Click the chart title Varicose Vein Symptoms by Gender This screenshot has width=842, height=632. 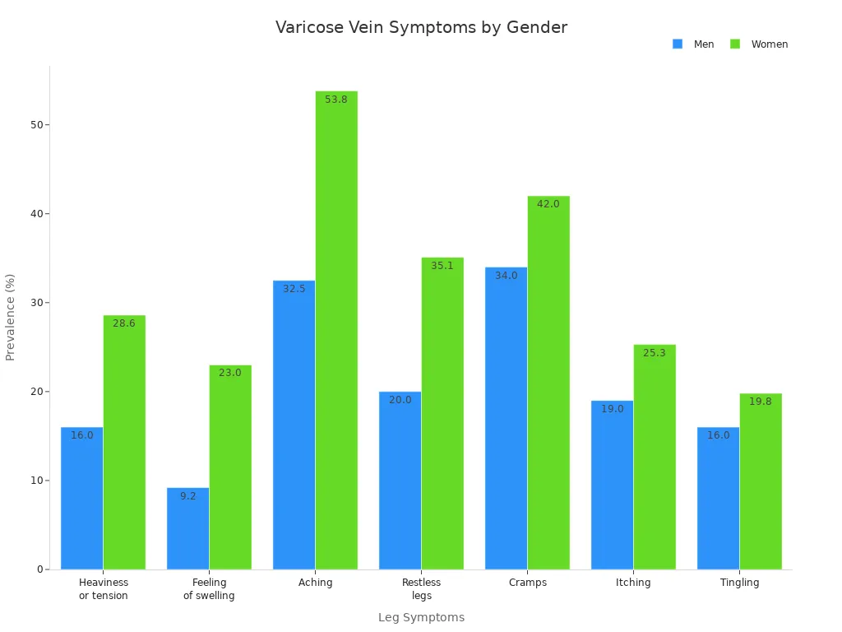pyautogui.click(x=421, y=27)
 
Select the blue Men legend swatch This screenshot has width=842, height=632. pyautogui.click(x=678, y=44)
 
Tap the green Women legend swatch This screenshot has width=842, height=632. pyautogui.click(x=735, y=44)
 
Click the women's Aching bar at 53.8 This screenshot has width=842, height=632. pyautogui.click(x=336, y=329)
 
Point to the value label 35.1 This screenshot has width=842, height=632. pyautogui.click(x=442, y=266)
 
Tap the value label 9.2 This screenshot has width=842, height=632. pyautogui.click(x=188, y=496)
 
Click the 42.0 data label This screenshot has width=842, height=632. pyautogui.click(x=548, y=204)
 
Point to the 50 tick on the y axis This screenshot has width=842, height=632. pyautogui.click(x=36, y=125)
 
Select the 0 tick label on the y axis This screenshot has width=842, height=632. pyautogui.click(x=39, y=569)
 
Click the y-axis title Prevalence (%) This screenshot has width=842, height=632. pyautogui.click(x=11, y=317)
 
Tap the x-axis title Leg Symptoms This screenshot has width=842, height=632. pyautogui.click(x=421, y=617)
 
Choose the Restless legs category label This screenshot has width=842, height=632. pyautogui.click(x=421, y=589)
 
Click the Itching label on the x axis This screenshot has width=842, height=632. pyautogui.click(x=633, y=583)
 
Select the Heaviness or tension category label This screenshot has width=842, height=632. pyautogui.click(x=104, y=589)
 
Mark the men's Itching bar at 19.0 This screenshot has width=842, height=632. pyautogui.click(x=612, y=486)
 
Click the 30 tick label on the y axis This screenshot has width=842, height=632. pyautogui.click(x=36, y=303)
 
